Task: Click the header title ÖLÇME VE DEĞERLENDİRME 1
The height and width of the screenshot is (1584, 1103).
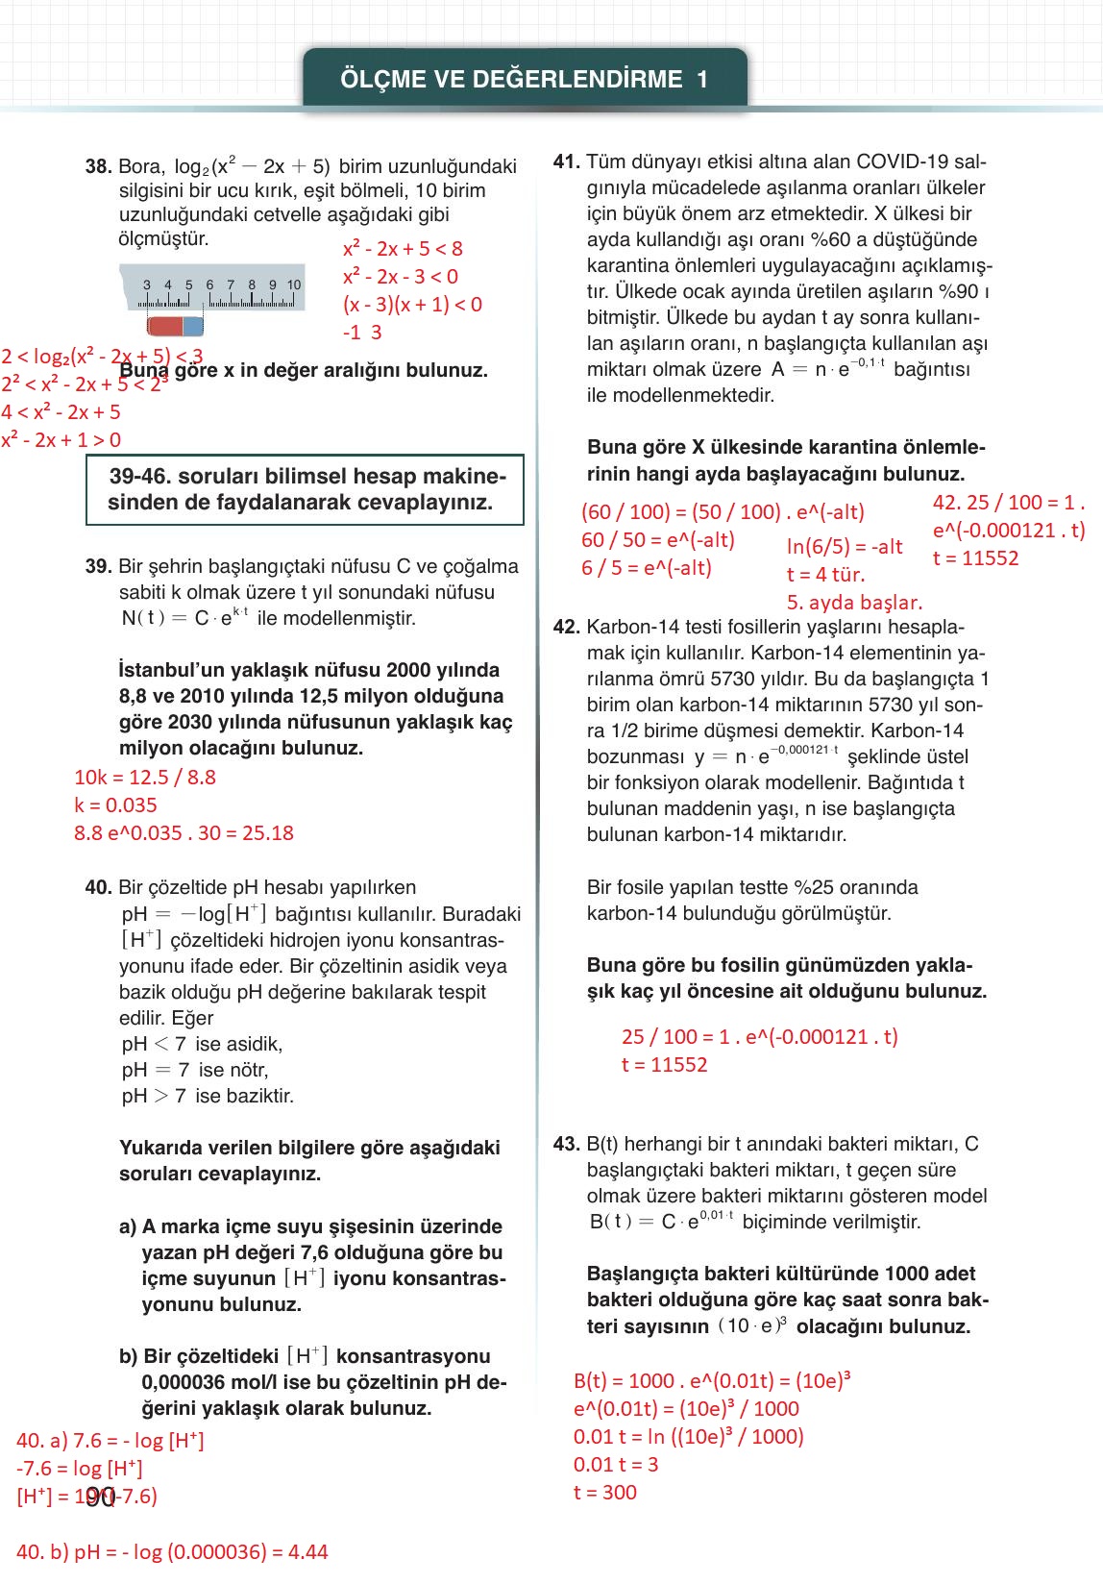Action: (525, 80)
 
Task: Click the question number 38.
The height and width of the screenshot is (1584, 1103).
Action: (98, 166)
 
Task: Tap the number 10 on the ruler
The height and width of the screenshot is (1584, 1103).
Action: (294, 285)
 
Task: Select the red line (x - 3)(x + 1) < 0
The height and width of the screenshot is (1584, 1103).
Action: (412, 305)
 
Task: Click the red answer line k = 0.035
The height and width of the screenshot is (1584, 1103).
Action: (115, 805)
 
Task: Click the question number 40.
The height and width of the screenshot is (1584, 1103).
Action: (98, 887)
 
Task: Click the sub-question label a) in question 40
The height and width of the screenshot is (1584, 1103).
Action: (128, 1226)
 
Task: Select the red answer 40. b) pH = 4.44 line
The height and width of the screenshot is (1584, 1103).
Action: (173, 1552)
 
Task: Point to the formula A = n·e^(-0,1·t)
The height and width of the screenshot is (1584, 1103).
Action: (827, 368)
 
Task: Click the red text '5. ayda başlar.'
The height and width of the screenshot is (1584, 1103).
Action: (854, 603)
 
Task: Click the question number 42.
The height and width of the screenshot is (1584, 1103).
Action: (566, 627)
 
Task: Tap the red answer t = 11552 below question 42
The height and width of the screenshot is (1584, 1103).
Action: (665, 1065)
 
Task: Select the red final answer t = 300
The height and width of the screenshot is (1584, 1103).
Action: (605, 1493)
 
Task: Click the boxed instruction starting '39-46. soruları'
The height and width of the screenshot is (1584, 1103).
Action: (305, 489)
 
